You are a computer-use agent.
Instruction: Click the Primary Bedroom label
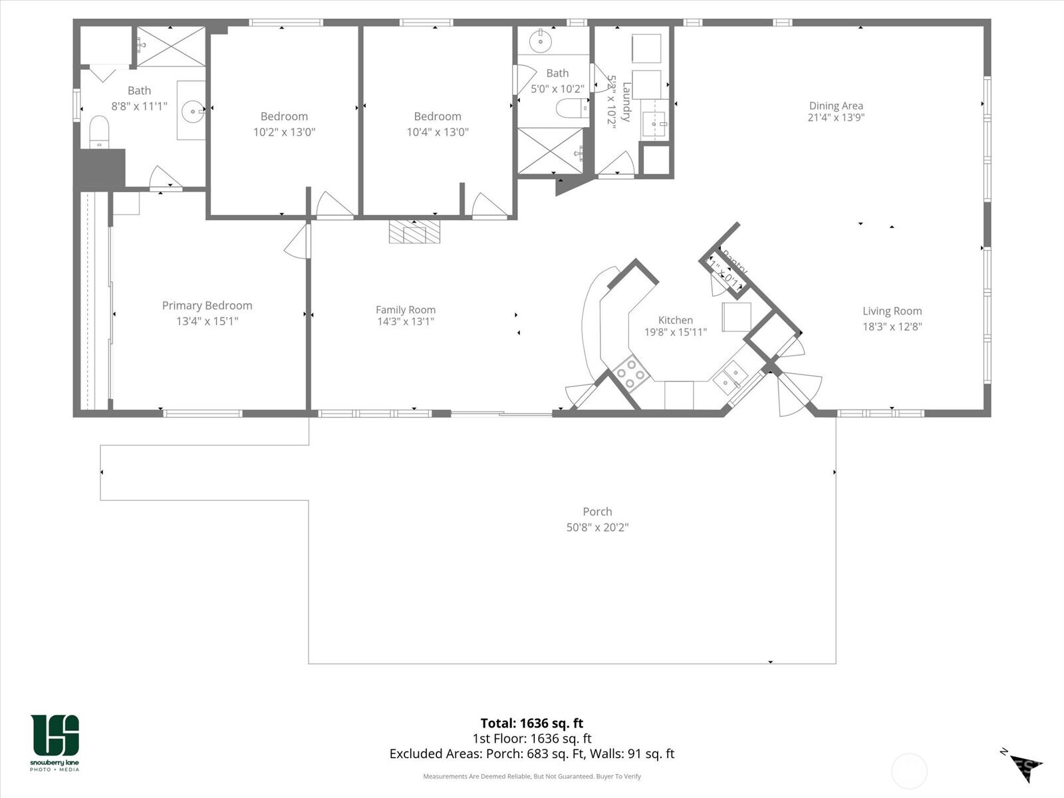207,306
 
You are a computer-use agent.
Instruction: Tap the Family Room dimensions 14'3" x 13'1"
406,322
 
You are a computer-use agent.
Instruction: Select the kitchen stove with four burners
631,374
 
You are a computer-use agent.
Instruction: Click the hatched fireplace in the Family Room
414,232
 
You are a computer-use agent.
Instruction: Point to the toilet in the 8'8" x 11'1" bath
99,131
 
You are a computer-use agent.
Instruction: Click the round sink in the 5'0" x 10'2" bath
540,42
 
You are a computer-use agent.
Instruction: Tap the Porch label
597,512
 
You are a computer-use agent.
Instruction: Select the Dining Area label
836,106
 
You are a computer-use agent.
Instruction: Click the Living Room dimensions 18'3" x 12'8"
892,327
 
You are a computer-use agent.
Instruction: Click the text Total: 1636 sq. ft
531,724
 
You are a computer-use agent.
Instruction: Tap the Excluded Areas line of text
531,754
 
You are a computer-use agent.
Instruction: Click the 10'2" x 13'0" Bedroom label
284,116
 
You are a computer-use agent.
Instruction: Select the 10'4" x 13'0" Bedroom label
437,116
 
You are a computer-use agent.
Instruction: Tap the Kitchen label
675,321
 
